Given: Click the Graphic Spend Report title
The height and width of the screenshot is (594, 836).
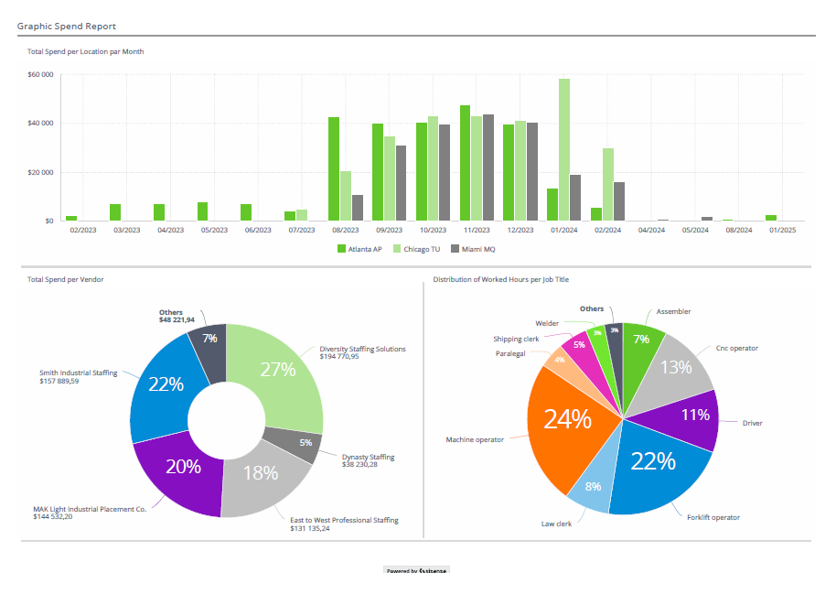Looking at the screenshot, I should pos(66,27).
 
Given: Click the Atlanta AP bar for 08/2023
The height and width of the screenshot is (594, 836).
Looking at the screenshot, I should pos(334,169).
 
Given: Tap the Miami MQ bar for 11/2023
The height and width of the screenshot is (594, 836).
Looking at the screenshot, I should pos(488,167).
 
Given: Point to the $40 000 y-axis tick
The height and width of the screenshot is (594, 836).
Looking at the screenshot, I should pos(40,124).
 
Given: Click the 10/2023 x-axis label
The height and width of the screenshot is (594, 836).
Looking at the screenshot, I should pos(432,231).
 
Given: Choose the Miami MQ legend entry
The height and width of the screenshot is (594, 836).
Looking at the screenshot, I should pos(476,248).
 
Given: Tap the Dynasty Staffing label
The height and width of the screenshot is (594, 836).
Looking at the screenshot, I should pos(368,457).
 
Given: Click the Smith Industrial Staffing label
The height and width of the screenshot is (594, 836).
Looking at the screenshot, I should pos(78,373).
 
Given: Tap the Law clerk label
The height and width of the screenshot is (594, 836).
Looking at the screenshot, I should pos(556,524).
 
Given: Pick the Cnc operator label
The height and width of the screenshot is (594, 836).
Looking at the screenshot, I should pos(736,348).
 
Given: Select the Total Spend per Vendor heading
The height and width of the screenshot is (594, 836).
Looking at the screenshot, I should pos(65,279).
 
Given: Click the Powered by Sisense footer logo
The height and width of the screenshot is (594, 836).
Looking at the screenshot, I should pos(416,570).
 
